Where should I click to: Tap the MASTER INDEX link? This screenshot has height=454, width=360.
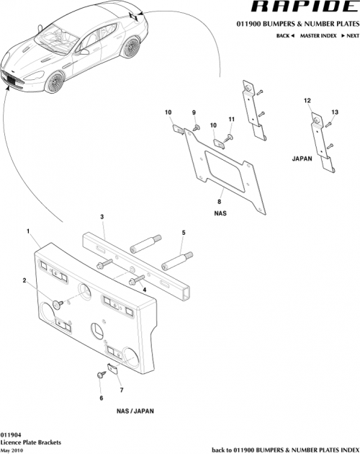319,35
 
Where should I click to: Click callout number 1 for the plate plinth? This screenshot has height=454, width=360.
28,231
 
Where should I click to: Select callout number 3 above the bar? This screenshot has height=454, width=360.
102,216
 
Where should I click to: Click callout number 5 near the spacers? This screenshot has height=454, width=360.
184,233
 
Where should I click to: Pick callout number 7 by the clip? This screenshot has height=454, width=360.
121,390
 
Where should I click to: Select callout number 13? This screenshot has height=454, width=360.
334,112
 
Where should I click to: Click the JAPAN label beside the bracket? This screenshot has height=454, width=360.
302,157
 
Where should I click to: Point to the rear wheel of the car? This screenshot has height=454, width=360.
131,48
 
